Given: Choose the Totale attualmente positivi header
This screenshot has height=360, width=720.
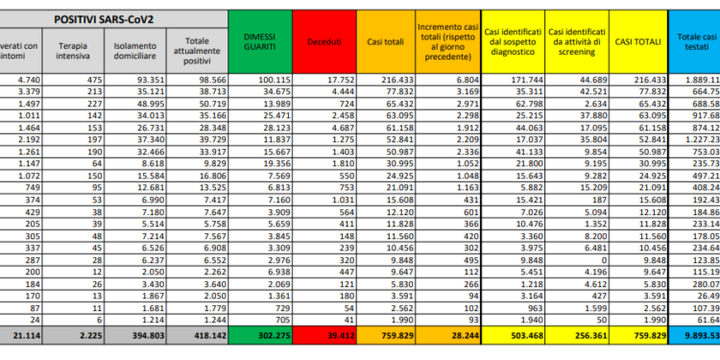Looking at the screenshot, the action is point(198,50).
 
